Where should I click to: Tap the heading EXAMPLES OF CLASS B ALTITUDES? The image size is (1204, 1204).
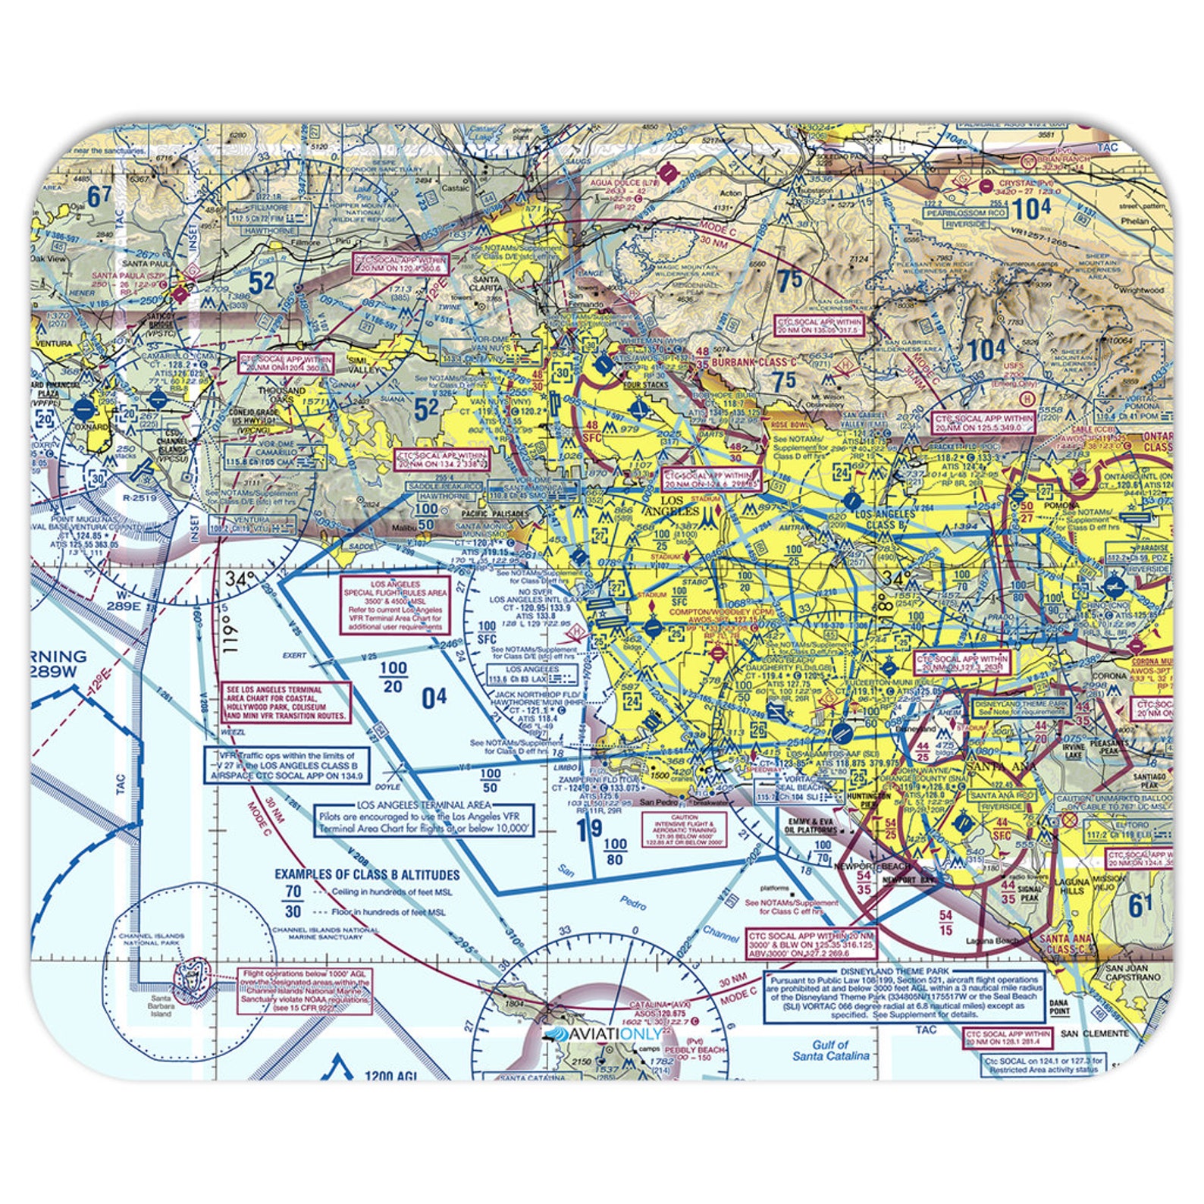pos(367,874)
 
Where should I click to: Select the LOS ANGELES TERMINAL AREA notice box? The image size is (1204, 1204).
pos(424,820)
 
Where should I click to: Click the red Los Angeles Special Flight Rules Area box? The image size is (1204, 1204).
pos(393,606)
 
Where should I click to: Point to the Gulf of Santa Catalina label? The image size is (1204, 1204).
pos(830,1049)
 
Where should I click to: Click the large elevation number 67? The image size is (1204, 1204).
pos(99,196)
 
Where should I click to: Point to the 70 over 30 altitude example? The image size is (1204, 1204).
pos(293,901)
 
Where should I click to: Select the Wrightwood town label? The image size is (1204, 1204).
pos(1140,290)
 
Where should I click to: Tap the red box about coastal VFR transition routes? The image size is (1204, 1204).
pos(287,702)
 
